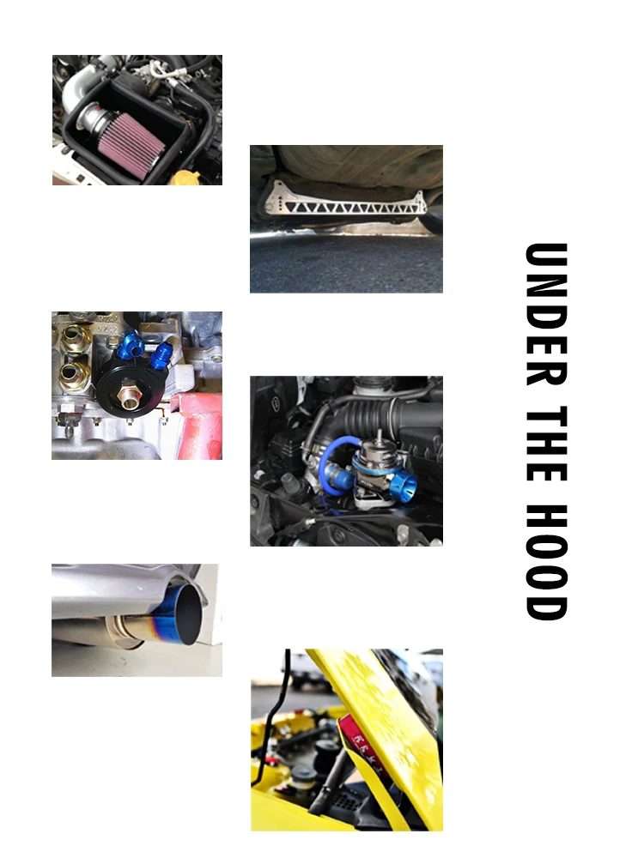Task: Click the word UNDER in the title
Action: tap(546, 314)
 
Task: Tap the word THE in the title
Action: tap(546, 444)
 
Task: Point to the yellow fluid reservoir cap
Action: tap(185, 178)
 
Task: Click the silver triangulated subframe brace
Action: tap(345, 202)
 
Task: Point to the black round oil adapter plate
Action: tap(131, 386)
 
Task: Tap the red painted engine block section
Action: tap(198, 424)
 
